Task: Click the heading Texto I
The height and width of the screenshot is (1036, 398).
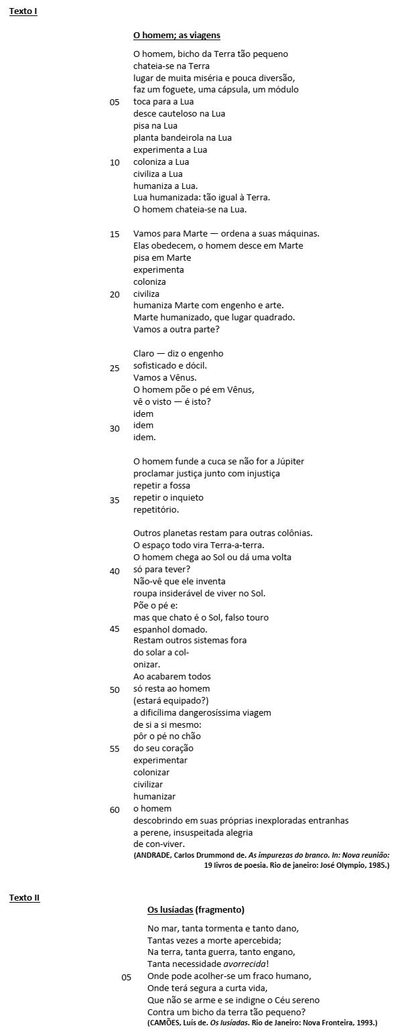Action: click(23, 11)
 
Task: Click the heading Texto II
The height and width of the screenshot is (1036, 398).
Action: click(24, 897)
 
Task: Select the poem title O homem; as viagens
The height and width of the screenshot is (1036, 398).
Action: click(176, 35)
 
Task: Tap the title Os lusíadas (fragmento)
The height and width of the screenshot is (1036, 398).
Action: click(196, 909)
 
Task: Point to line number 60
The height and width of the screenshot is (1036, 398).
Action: click(115, 810)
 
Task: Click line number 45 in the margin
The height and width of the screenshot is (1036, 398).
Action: click(115, 629)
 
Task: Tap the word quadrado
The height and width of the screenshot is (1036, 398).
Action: click(273, 317)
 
